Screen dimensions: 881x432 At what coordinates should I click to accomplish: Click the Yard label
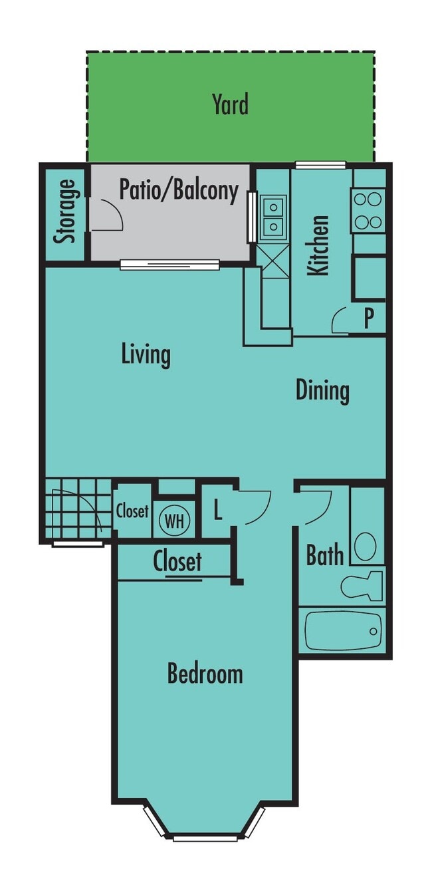(x=230, y=105)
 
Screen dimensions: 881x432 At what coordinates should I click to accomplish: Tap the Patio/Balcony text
(x=178, y=190)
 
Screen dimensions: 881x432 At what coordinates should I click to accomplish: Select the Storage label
(x=64, y=212)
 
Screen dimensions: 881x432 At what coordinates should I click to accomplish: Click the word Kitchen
(x=319, y=245)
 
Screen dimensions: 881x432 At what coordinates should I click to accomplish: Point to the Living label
(x=146, y=354)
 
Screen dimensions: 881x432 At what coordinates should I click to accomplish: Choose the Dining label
(x=322, y=390)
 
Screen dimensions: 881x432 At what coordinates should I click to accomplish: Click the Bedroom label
(x=205, y=674)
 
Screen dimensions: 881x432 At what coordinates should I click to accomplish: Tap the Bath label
(x=325, y=555)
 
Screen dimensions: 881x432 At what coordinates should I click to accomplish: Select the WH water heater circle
(x=175, y=521)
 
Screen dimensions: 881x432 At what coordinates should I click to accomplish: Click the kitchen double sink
(x=273, y=217)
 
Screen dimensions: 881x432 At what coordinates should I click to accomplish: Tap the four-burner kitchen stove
(x=368, y=210)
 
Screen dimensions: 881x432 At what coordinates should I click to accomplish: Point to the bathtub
(x=343, y=630)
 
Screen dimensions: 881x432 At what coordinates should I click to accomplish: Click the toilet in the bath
(x=362, y=586)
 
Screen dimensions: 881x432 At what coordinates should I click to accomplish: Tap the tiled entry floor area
(x=76, y=509)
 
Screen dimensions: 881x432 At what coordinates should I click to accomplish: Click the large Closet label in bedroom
(x=177, y=562)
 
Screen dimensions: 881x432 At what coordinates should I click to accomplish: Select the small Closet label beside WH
(x=132, y=511)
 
